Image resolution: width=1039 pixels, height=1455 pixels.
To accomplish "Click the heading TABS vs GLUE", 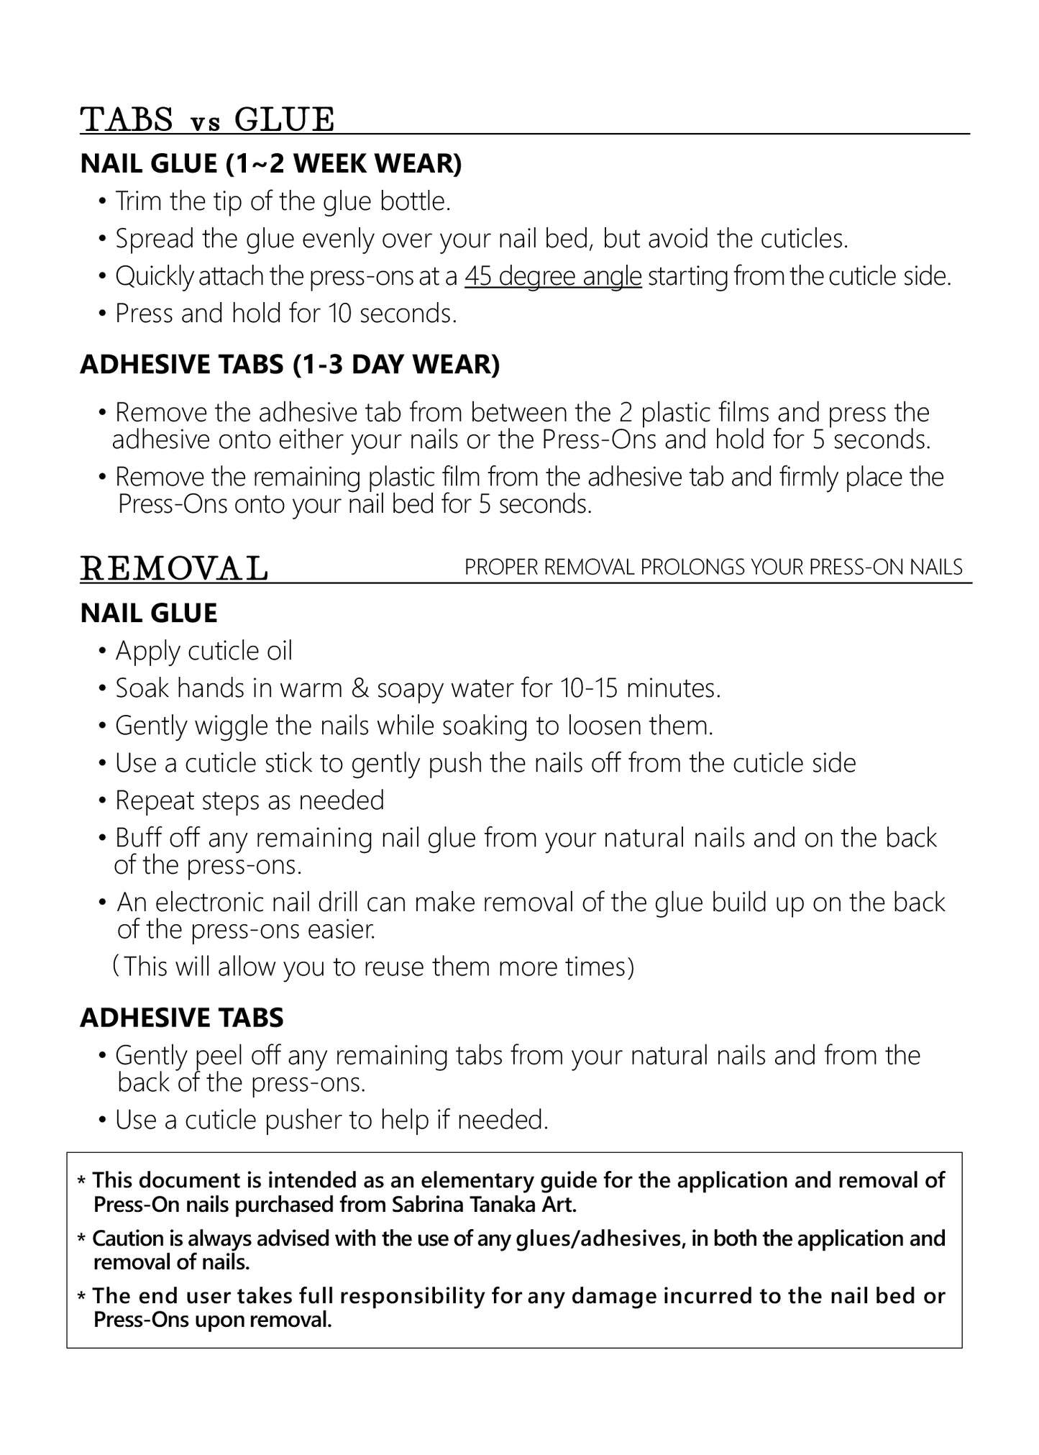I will (208, 119).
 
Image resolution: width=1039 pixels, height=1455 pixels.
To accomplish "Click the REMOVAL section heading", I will (174, 568).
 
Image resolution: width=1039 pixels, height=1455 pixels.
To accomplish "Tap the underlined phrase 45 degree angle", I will (553, 276).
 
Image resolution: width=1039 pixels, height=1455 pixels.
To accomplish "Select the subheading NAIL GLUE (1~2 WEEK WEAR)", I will (271, 164).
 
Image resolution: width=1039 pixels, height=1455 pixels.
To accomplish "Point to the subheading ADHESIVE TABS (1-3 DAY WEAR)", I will (290, 365).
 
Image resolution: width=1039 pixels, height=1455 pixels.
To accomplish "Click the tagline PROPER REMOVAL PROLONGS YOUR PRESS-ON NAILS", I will (713, 567).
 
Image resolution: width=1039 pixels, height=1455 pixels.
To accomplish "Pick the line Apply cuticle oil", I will (204, 651).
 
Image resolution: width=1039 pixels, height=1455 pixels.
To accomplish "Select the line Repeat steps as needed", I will (250, 801).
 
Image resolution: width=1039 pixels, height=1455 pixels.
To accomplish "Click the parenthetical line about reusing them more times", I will (374, 967).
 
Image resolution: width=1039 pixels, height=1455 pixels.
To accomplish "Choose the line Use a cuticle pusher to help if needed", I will (331, 1120).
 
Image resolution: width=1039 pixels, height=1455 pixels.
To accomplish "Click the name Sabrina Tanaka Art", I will (484, 1205).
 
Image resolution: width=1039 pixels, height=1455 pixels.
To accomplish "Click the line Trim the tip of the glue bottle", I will (283, 201).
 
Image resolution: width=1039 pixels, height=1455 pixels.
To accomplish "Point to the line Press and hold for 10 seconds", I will (285, 314).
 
